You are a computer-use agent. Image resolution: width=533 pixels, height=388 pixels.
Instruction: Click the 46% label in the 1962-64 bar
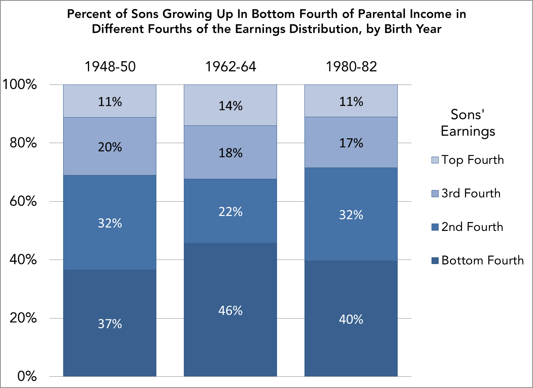click(x=230, y=311)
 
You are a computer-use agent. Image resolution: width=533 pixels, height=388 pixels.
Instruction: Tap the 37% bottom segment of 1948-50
click(x=110, y=323)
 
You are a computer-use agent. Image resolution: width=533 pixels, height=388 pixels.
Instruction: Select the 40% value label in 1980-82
click(x=351, y=319)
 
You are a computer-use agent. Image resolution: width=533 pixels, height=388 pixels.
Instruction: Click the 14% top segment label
click(x=230, y=106)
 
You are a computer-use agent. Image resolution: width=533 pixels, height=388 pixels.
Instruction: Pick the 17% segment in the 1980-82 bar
click(x=351, y=143)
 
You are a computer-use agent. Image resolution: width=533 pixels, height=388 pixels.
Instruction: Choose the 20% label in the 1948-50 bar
click(x=110, y=147)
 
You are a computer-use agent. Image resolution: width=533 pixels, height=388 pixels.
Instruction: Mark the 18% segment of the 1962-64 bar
click(x=230, y=152)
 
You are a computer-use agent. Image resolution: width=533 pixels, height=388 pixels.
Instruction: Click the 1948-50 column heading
click(x=110, y=66)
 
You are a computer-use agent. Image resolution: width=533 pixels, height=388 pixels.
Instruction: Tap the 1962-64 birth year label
click(x=230, y=66)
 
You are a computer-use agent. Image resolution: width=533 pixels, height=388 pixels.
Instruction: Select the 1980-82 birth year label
click(x=351, y=66)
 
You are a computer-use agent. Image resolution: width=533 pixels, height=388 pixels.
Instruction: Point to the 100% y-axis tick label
click(x=20, y=84)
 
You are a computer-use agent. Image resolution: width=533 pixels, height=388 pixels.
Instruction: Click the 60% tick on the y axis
click(x=23, y=201)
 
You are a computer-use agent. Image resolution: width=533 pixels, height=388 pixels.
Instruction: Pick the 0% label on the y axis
click(x=27, y=376)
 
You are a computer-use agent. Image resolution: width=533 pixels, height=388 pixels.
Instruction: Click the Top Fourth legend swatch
click(x=435, y=160)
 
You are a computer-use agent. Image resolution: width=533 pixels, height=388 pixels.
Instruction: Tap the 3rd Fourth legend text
click(x=471, y=193)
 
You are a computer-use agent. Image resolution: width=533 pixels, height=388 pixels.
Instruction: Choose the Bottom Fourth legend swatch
click(x=435, y=261)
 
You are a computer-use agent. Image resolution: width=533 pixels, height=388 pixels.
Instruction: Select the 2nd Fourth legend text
click(x=472, y=227)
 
